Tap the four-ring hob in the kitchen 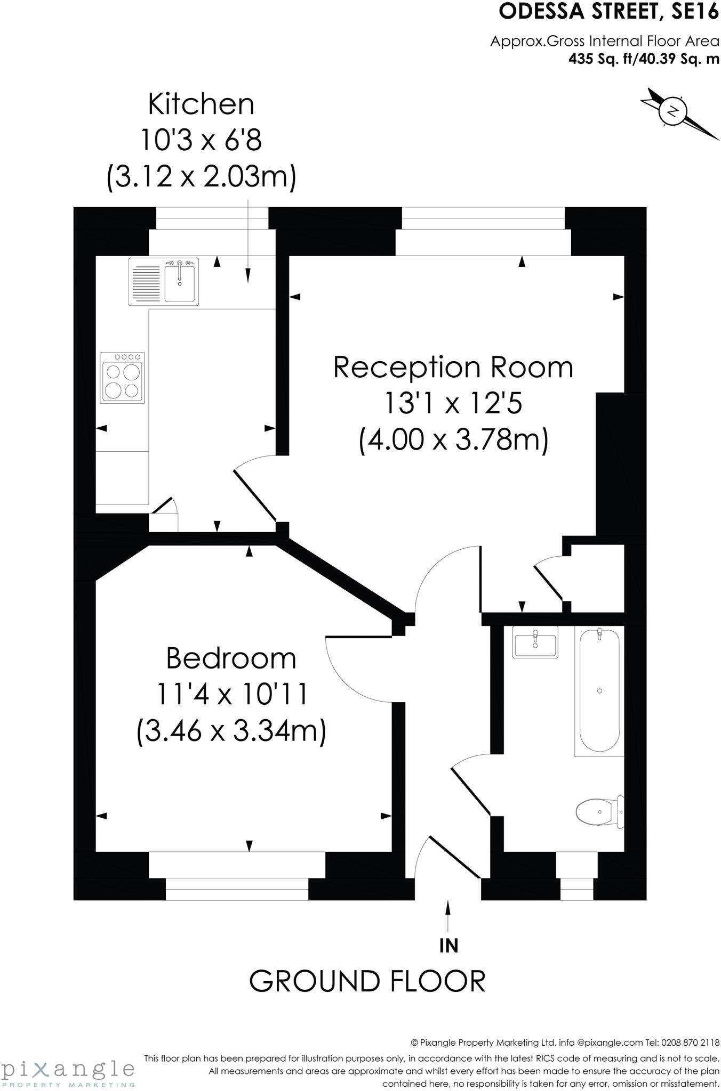[x=123, y=378]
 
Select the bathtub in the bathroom [x=599, y=690]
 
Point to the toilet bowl [x=594, y=812]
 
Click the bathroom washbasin [x=535, y=644]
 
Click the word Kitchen [x=201, y=104]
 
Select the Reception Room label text [x=453, y=368]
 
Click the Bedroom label [x=231, y=658]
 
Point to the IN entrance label [x=448, y=946]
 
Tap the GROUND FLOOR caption [x=367, y=981]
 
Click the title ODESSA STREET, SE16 [x=608, y=12]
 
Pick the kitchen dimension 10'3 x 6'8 [x=201, y=141]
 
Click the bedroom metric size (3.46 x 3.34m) [x=231, y=731]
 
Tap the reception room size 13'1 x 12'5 [x=453, y=404]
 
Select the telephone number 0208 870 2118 [x=690, y=1043]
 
